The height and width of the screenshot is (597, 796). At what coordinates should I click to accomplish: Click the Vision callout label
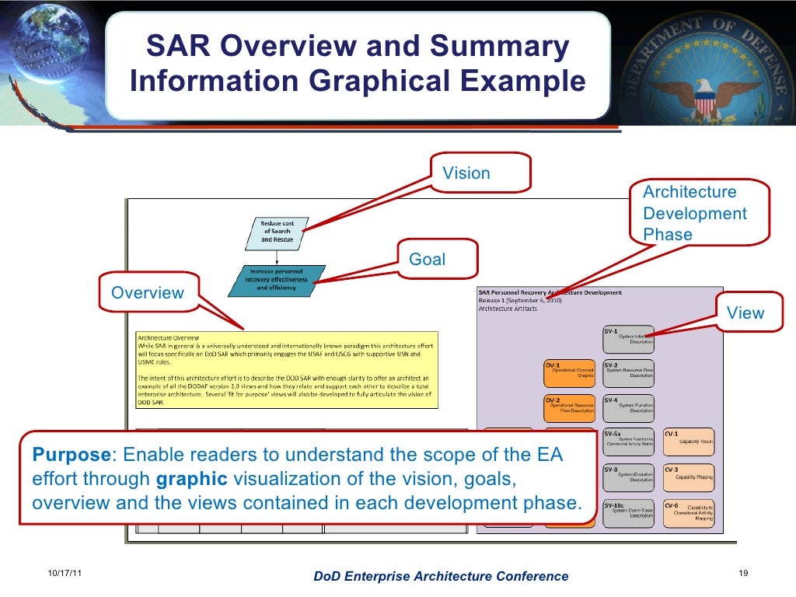pos(466,173)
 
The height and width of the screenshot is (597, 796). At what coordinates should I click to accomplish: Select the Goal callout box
pos(428,260)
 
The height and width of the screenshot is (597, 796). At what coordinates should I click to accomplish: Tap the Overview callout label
pos(148,293)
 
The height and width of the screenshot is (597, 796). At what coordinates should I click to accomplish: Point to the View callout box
pos(745,313)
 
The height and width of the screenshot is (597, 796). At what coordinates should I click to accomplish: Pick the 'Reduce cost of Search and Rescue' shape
pos(278,232)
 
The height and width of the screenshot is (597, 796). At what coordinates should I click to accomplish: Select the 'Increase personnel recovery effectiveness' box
pos(277,280)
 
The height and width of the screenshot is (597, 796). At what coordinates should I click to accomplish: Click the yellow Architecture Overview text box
pos(286,370)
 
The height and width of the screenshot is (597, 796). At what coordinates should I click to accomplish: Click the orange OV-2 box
pos(570,407)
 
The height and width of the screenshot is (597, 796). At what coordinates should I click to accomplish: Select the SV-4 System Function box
pos(628,407)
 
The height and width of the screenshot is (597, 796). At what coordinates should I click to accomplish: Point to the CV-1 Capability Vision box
pos(688,441)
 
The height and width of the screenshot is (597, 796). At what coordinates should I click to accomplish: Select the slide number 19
pos(742,574)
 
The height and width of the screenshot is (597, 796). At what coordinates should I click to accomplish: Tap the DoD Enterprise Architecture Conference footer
pos(440,576)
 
